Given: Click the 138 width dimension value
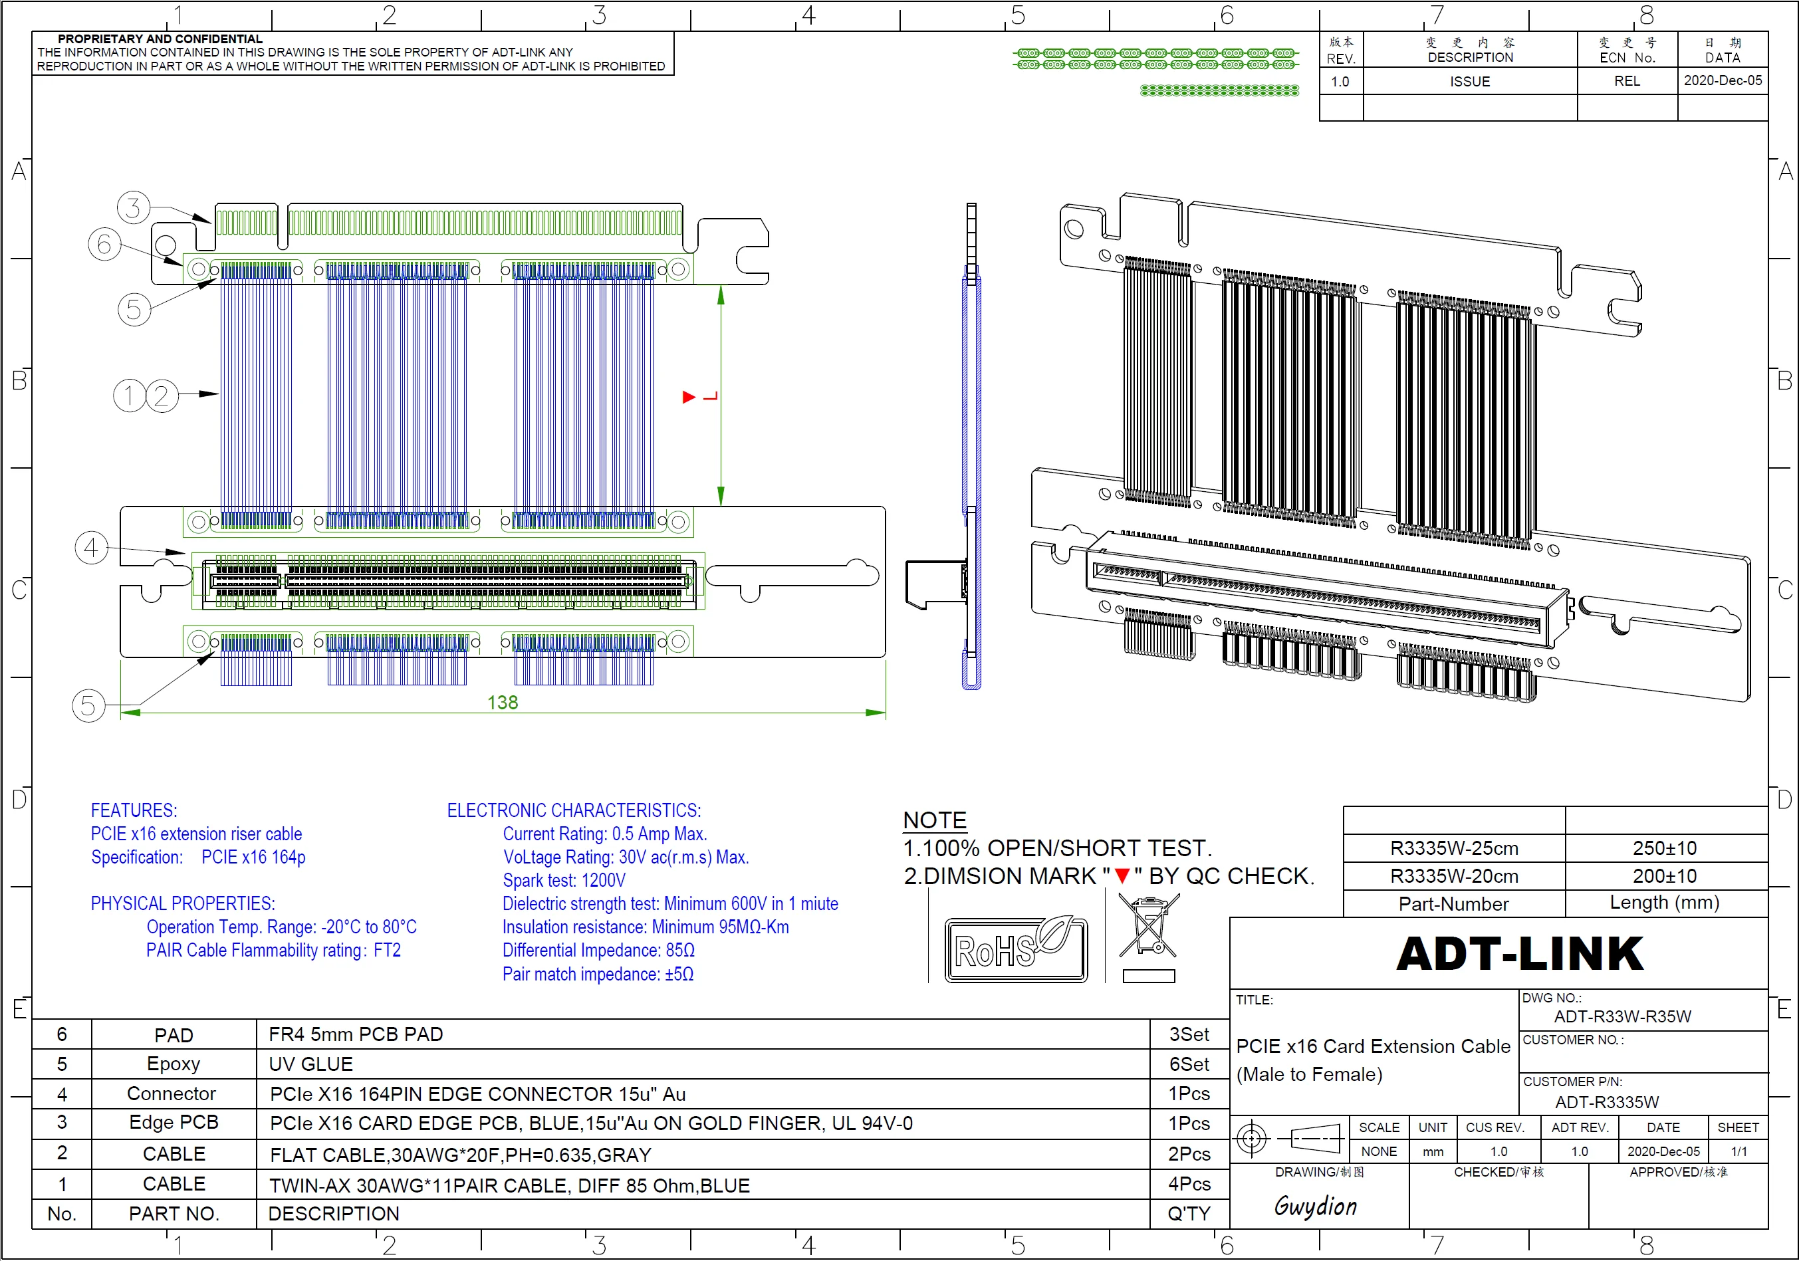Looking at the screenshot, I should [502, 703].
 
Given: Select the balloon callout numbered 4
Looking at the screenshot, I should [91, 548].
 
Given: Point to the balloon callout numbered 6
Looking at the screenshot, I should [104, 245].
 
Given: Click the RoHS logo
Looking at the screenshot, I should [1015, 950].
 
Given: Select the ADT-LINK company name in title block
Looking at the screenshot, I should [1520, 954].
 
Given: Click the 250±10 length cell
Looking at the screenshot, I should [1665, 848].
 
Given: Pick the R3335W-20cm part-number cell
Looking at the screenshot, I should [1454, 876].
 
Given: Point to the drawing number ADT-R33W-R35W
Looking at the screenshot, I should [1623, 1016].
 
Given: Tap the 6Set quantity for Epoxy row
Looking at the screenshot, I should [1189, 1064].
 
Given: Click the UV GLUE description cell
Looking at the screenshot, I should [311, 1064].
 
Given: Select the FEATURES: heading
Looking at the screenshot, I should [134, 811].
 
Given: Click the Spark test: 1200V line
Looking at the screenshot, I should [564, 880].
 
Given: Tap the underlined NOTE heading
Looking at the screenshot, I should [935, 820].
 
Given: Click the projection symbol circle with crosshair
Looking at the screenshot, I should [1251, 1138].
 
